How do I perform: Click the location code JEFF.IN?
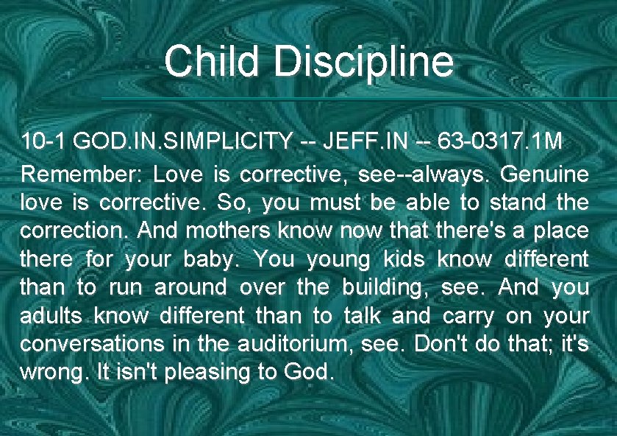click(x=365, y=142)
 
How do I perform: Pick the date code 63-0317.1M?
click(x=499, y=142)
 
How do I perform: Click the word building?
click(x=385, y=288)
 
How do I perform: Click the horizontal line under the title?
click(x=358, y=98)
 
